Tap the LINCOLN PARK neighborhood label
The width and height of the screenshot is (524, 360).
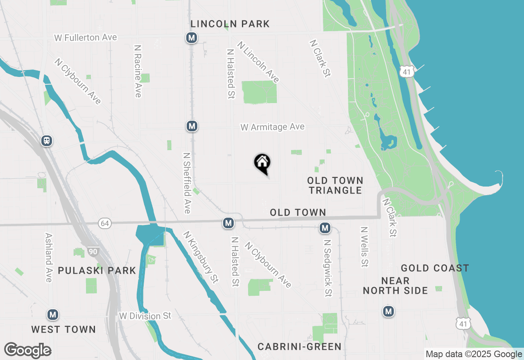point(230,24)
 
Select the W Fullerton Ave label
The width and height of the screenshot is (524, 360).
point(86,38)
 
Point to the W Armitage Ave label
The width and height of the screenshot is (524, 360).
point(272,127)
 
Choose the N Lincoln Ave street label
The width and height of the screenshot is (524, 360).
point(259,62)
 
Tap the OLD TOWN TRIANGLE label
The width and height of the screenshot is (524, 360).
point(335,185)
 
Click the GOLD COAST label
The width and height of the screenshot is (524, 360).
point(435,268)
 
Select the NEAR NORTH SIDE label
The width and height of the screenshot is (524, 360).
point(395,286)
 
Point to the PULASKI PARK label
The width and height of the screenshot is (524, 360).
point(97,271)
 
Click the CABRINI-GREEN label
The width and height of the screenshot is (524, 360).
point(299,347)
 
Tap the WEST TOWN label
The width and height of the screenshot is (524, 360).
point(63,329)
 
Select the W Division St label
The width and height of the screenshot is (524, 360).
point(145,316)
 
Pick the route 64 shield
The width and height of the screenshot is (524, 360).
point(105,223)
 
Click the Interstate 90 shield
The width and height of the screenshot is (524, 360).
point(93,251)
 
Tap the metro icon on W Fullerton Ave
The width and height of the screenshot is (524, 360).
point(191,38)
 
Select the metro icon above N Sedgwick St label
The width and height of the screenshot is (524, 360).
point(325,228)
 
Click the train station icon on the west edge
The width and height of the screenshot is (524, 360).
point(47,141)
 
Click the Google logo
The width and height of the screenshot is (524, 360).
point(27,351)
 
